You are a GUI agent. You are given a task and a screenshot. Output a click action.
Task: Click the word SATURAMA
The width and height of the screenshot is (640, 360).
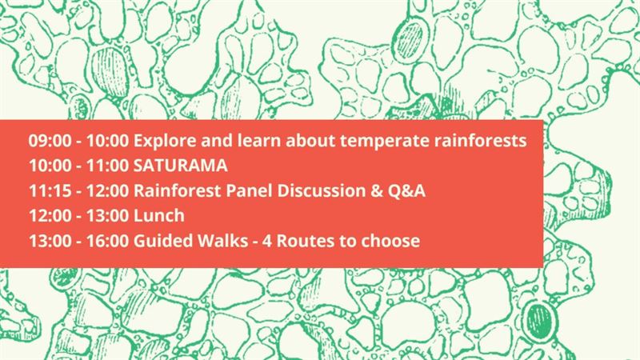(181, 166)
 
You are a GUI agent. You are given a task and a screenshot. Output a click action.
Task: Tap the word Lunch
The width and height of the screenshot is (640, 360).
(158, 215)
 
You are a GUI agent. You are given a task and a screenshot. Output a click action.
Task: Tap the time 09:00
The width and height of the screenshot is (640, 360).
(50, 141)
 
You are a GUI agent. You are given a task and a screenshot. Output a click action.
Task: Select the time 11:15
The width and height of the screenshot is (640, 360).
(50, 190)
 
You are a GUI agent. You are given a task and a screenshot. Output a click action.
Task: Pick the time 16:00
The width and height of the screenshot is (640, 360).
(107, 241)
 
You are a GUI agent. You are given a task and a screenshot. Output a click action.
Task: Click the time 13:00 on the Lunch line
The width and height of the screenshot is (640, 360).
(107, 215)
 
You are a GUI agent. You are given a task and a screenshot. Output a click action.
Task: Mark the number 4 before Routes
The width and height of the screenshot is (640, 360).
(267, 241)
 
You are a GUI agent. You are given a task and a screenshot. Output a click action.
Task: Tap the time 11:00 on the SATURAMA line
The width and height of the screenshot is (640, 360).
(107, 166)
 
